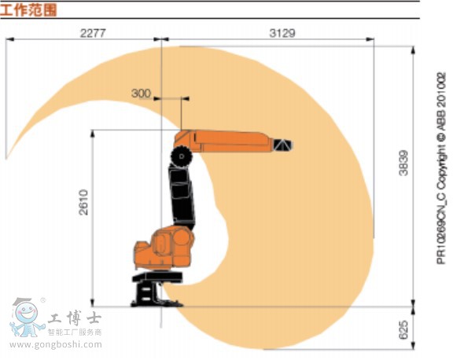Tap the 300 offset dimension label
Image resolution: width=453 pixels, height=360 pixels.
tap(141, 94)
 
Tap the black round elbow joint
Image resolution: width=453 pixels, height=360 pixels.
tap(183, 156)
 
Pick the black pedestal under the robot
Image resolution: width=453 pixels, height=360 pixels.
tap(149, 290)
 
